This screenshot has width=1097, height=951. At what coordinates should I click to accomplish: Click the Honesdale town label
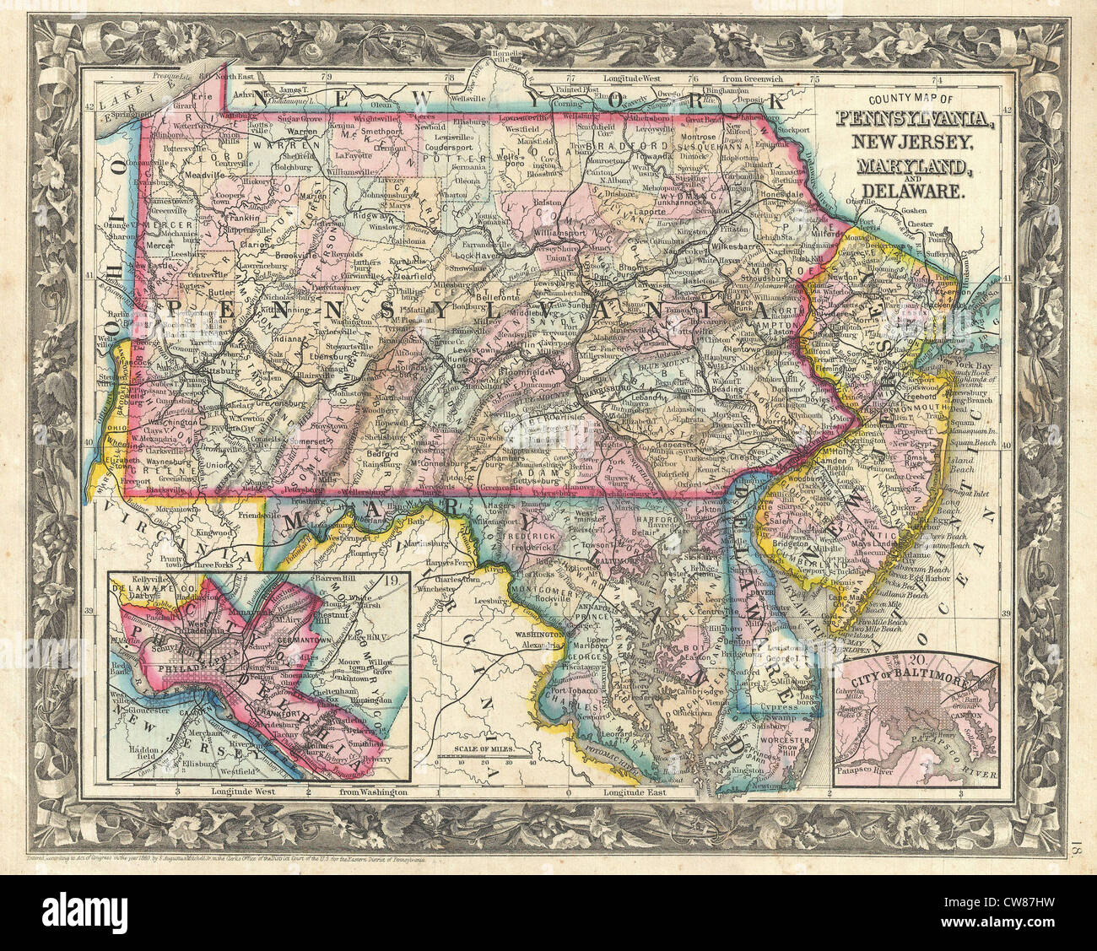784,193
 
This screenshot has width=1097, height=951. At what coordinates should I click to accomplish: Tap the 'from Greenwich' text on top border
753,78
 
